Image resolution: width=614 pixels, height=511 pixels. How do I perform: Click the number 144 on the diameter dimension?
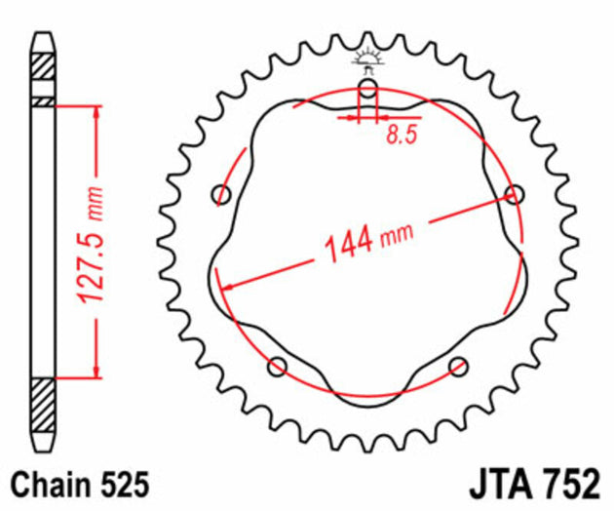tap(345, 241)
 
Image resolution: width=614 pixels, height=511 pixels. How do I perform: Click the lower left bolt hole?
tap(278, 367)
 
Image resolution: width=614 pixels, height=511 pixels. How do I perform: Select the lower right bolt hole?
tap(457, 366)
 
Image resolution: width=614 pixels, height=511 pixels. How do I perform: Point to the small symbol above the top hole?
tap(367, 61)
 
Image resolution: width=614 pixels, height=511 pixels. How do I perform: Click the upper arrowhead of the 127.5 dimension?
tap(96, 113)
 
